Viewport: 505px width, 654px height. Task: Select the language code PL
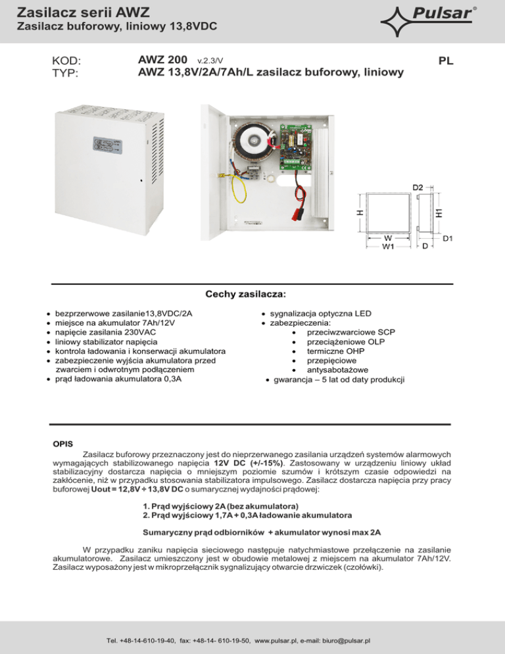(446, 61)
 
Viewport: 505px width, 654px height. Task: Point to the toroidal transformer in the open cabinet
(252, 140)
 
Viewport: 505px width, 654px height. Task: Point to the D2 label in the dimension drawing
(418, 188)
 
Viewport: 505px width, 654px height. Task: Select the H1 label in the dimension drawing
(439, 211)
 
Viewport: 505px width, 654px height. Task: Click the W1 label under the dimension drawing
(389, 247)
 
